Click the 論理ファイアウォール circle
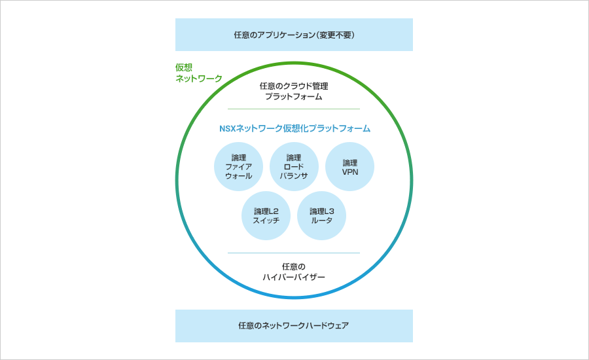pyautogui.click(x=238, y=166)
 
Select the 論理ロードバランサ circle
pyautogui.click(x=294, y=166)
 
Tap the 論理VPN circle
pyautogui.click(x=349, y=166)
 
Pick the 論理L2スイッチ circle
pyautogui.click(x=266, y=216)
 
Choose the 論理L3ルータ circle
pyautogui.click(x=321, y=216)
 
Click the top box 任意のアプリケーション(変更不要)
pyautogui.click(x=294, y=35)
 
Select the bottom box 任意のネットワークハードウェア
pyautogui.click(x=294, y=326)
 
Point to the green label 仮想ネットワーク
pyautogui.click(x=199, y=73)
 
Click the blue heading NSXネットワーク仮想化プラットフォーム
pyautogui.click(x=295, y=128)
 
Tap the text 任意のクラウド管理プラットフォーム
pyautogui.click(x=294, y=92)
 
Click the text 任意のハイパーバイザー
pyautogui.click(x=294, y=272)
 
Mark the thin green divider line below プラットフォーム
pyautogui.click(x=294, y=109)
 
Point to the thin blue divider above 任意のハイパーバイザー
pyautogui.click(x=294, y=253)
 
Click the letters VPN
pyautogui.click(x=350, y=172)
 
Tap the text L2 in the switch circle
pyautogui.click(x=274, y=211)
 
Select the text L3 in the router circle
pyautogui.click(x=329, y=211)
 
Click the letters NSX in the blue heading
pyautogui.click(x=227, y=128)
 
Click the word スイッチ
pyautogui.click(x=266, y=221)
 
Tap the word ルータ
pyautogui.click(x=321, y=221)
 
